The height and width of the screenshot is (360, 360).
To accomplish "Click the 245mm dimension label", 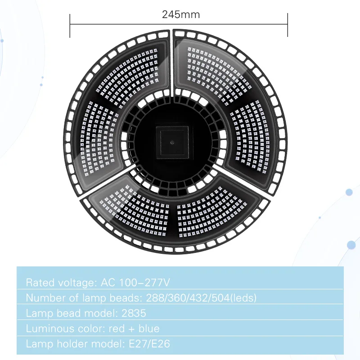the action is coord(181,14).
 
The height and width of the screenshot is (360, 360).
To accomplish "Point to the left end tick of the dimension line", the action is coord(70,25).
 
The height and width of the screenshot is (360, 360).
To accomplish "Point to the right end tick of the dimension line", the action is coord(287,25).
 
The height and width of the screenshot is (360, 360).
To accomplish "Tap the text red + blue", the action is coord(134,328).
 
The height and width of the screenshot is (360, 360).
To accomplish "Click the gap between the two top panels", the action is coord(172,58).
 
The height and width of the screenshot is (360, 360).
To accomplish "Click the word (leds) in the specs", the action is coord(243,298).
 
